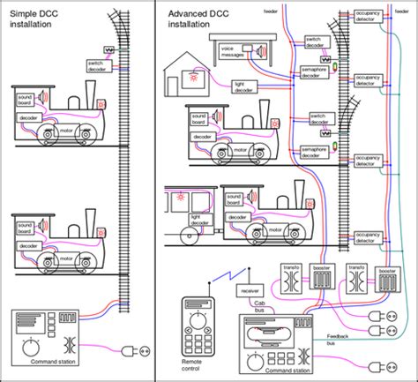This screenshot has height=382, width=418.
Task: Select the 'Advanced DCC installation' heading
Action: coord(196,20)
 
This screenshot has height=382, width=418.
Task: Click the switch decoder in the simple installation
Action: coord(98,66)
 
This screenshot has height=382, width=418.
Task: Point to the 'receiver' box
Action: coord(250,290)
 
